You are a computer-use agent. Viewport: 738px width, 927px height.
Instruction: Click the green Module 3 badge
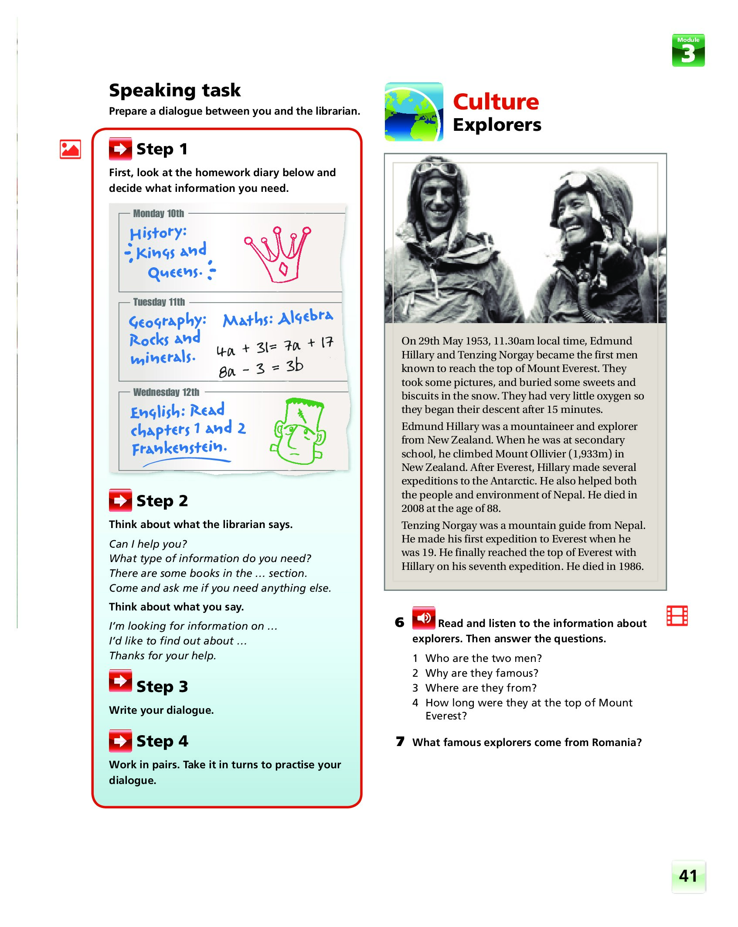coord(688,51)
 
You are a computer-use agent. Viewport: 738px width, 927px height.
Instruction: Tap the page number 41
coord(688,876)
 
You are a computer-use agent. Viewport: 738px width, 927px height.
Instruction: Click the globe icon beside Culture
coord(413,112)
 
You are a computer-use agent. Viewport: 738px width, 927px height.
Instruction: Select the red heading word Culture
coord(496,102)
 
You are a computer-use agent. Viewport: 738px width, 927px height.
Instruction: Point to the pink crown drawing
coord(279,253)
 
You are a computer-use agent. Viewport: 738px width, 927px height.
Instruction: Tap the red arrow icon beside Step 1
coord(120,149)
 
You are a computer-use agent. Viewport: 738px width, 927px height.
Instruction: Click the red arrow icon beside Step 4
coord(120,741)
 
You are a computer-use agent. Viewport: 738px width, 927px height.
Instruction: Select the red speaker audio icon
coord(423,618)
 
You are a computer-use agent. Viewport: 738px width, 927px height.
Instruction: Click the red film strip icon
coord(677,616)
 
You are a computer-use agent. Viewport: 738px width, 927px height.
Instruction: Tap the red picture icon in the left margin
coord(70,149)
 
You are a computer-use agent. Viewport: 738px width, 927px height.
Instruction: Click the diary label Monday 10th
coord(158,214)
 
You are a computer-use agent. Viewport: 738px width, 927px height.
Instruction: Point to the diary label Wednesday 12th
coord(166,392)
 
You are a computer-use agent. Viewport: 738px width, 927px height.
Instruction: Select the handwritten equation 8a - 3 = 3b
coord(261,368)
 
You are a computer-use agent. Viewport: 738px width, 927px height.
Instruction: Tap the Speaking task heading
coord(174,90)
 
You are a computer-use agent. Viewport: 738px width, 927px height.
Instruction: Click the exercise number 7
coord(400,742)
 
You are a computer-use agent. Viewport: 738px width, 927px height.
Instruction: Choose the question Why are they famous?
coord(482,673)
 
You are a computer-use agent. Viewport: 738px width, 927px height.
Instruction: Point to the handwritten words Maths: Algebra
coord(278,318)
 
